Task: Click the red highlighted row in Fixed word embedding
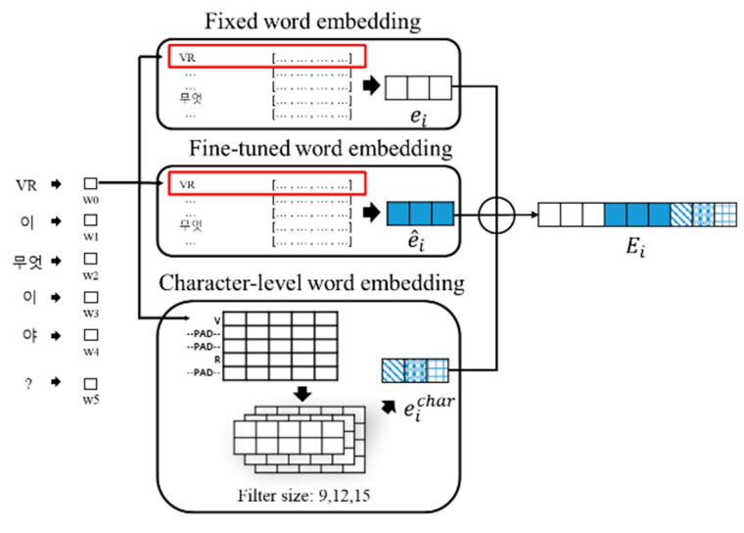pyautogui.click(x=266, y=57)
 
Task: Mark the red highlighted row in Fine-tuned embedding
pyautogui.click(x=266, y=183)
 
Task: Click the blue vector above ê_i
pyautogui.click(x=420, y=214)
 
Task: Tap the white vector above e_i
pyautogui.click(x=418, y=88)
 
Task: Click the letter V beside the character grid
pyautogui.click(x=217, y=318)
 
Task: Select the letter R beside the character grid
pyautogui.click(x=217, y=360)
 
